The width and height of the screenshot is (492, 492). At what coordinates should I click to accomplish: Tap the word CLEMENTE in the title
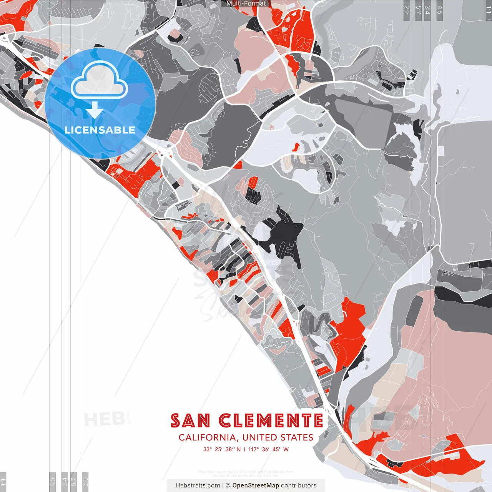pyautogui.click(x=271, y=421)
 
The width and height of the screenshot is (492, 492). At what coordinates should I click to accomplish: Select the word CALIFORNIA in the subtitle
pyautogui.click(x=208, y=437)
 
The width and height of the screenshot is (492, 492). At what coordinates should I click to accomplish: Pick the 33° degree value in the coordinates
pyautogui.click(x=208, y=449)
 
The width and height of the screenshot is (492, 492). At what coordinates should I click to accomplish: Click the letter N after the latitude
pyautogui.click(x=238, y=449)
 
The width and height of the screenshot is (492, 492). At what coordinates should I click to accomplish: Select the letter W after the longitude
pyautogui.click(x=286, y=449)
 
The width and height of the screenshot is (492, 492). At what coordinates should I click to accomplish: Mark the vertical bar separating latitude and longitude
pyautogui.click(x=244, y=449)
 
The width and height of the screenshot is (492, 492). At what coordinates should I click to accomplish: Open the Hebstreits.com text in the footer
pyautogui.click(x=198, y=485)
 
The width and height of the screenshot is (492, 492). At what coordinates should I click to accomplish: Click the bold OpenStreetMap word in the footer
pyautogui.click(x=256, y=485)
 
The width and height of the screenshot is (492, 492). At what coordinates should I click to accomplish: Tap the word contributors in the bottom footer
pyautogui.click(x=299, y=485)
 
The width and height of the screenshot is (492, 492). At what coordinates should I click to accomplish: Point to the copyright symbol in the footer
pyautogui.click(x=228, y=485)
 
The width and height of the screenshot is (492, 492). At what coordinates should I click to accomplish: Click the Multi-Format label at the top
pyautogui.click(x=246, y=3)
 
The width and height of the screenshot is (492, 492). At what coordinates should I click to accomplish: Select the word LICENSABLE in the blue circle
pyautogui.click(x=100, y=130)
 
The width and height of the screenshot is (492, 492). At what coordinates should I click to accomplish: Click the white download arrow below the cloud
pyautogui.click(x=95, y=111)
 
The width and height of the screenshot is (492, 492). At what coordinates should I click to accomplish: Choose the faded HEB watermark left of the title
pyautogui.click(x=104, y=419)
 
